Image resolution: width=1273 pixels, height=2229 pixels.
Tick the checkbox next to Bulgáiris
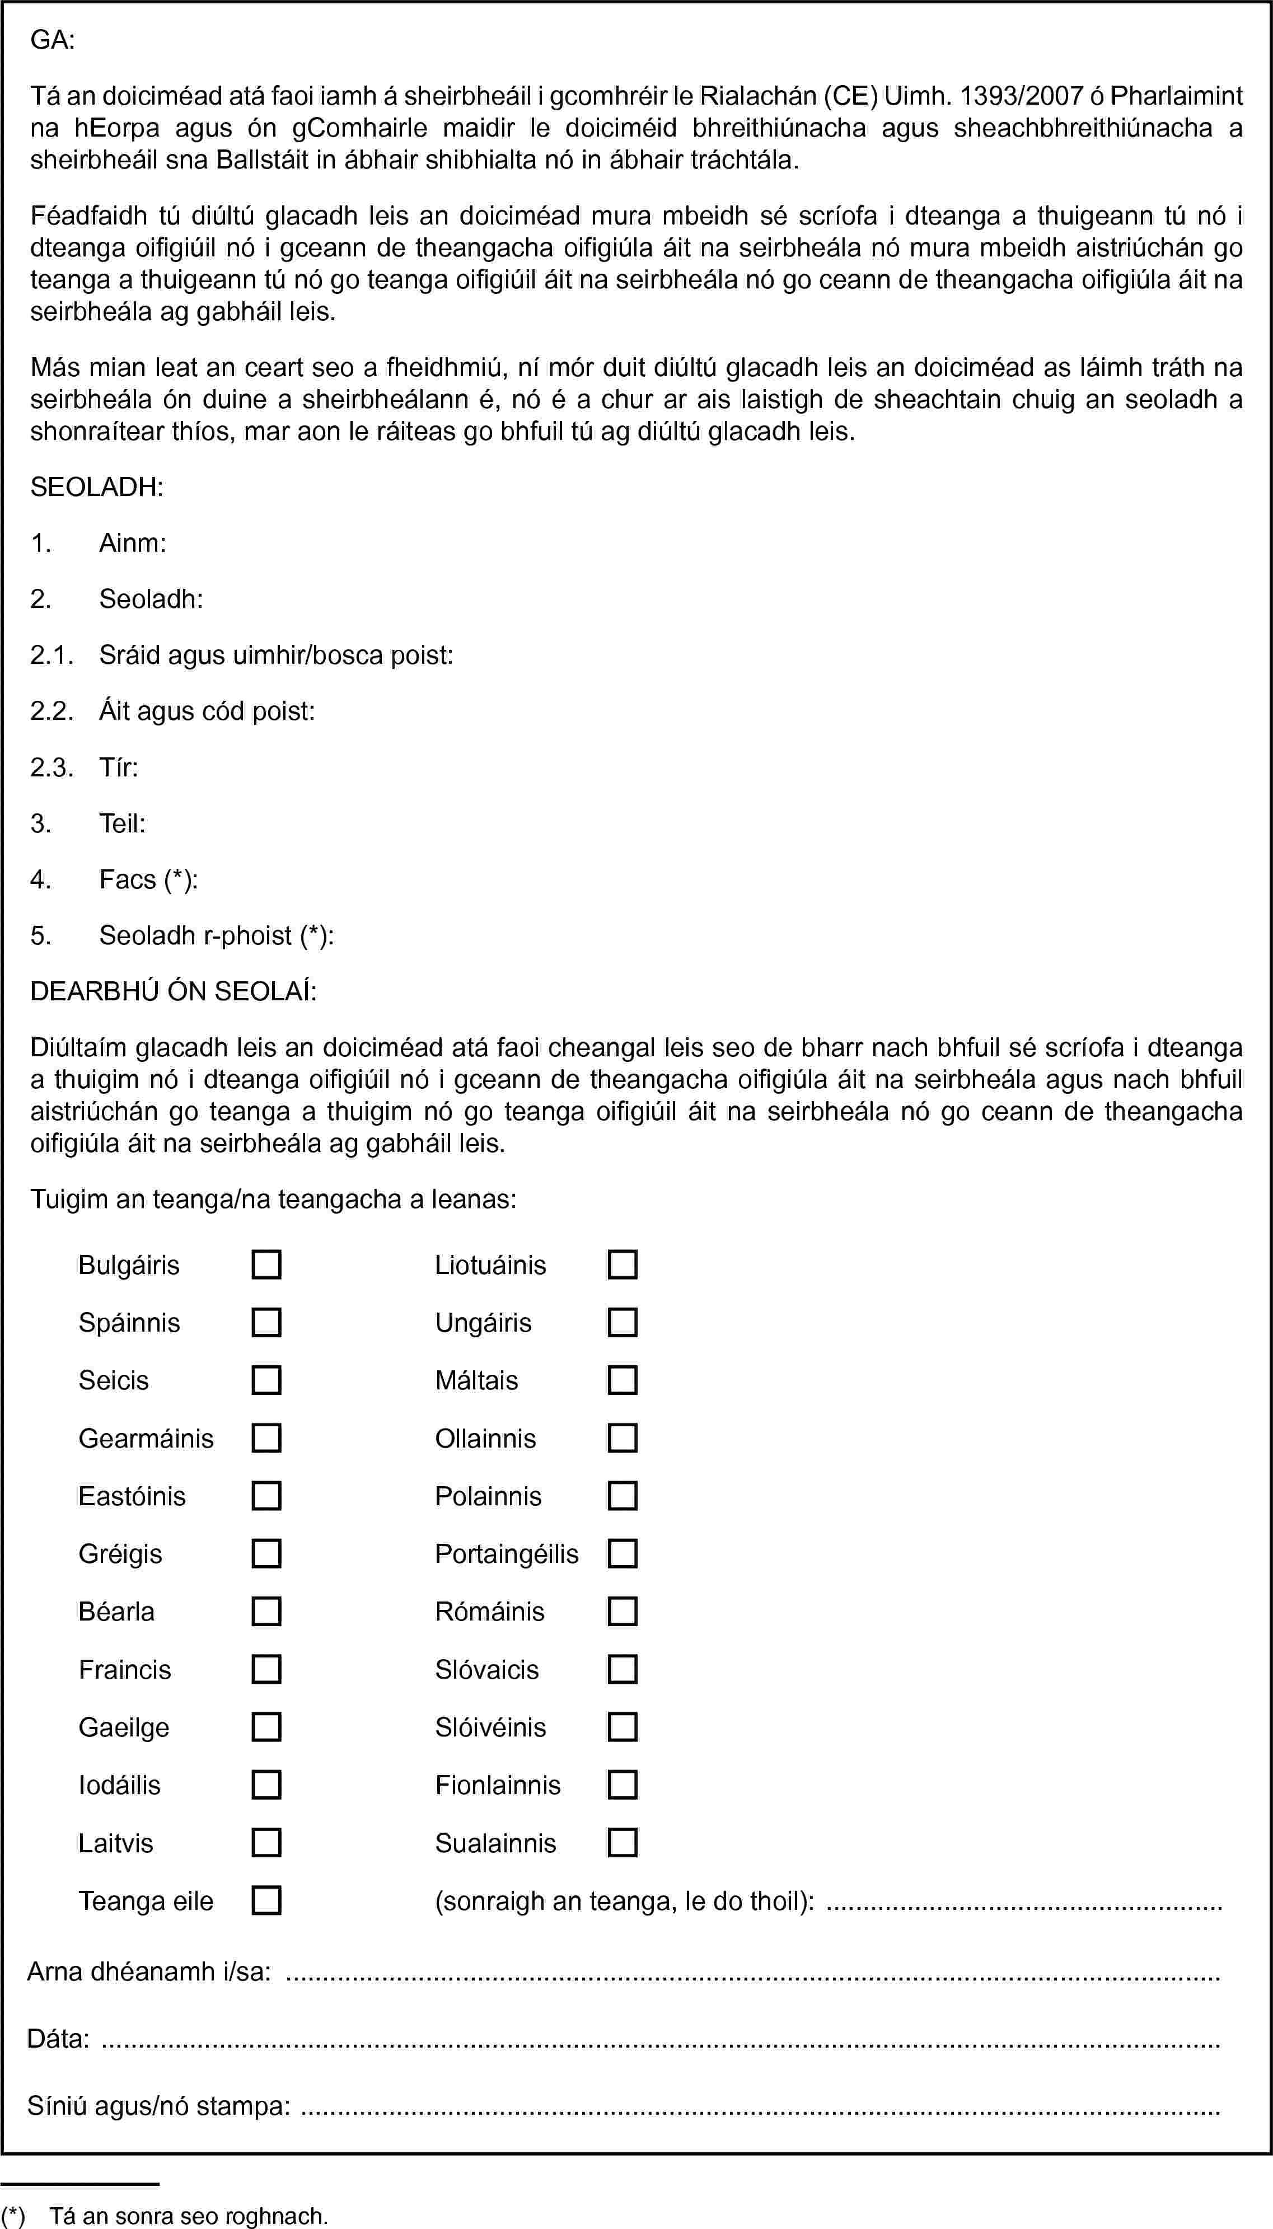click(x=266, y=1265)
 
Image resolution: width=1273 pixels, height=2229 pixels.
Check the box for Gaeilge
click(x=266, y=1727)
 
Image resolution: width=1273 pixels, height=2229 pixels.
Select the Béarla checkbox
click(x=266, y=1611)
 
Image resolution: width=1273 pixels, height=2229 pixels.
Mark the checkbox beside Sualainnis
click(x=623, y=1843)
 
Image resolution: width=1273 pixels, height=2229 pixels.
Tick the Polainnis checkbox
click(x=623, y=1496)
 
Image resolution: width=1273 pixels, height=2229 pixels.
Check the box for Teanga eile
click(x=266, y=1900)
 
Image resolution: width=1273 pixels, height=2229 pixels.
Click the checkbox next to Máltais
click(x=623, y=1380)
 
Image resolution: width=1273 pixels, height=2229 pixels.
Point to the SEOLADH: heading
click(x=97, y=488)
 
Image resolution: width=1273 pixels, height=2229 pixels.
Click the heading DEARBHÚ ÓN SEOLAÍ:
click(x=173, y=991)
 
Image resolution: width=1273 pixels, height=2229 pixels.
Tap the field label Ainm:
click(x=133, y=544)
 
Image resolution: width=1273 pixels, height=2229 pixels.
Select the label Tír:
click(x=119, y=767)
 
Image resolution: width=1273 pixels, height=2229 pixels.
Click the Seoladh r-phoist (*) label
click(x=216, y=935)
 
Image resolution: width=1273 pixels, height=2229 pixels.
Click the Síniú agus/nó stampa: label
click(x=158, y=2106)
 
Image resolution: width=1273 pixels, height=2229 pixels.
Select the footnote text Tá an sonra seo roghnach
click(x=189, y=2215)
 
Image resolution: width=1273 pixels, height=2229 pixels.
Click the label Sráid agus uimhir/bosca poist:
click(x=275, y=655)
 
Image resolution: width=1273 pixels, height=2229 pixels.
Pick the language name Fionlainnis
click(x=498, y=1785)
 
